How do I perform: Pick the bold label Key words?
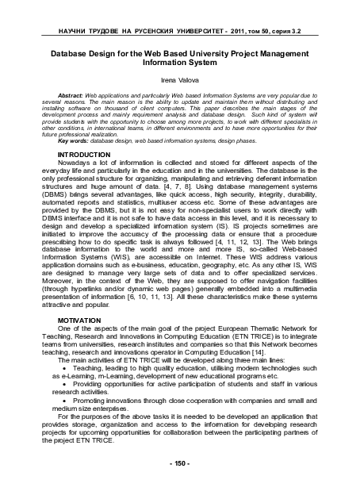point(66,141)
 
